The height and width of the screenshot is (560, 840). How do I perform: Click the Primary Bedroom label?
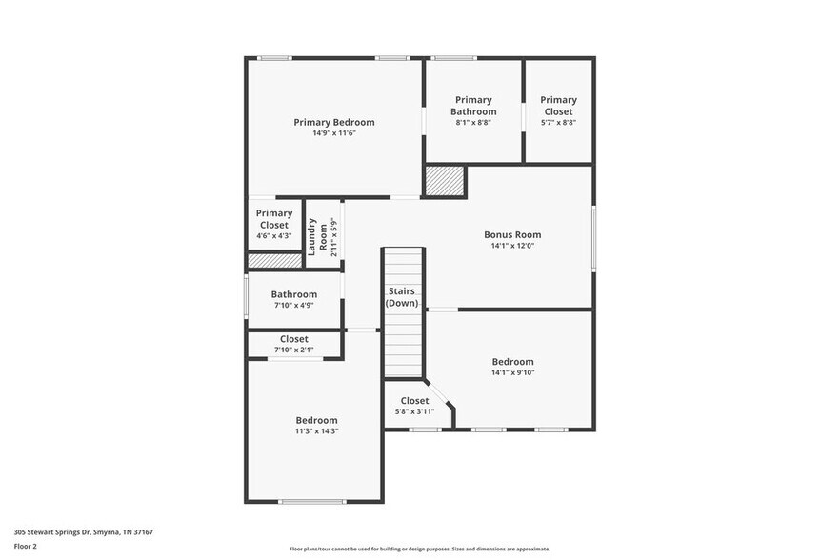pos(333,122)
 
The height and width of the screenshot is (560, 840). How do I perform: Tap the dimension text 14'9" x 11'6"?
pos(333,133)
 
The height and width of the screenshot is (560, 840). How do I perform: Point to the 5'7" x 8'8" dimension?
pos(558,122)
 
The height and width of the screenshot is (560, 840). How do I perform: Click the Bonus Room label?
pos(512,234)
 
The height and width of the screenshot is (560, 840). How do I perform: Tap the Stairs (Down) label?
pos(402,296)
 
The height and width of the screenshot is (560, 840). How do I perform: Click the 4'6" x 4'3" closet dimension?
pos(274,236)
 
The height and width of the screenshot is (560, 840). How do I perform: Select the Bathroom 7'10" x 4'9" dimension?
pos(293,306)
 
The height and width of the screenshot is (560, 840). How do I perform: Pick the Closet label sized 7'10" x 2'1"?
pos(293,339)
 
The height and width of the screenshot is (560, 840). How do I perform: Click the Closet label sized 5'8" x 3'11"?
pos(414,401)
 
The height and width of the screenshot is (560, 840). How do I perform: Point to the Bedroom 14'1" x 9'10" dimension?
pos(512,372)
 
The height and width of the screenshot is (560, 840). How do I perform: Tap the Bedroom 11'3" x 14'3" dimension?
pos(316,431)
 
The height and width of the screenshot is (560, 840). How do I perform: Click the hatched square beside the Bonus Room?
pos(444,181)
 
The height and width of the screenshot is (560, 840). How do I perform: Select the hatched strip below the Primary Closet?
pos(274,260)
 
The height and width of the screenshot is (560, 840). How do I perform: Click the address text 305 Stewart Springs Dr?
pos(84,532)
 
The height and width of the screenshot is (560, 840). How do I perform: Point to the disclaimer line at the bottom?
pos(419,549)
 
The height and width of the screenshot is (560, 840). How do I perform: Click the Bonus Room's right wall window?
pos(592,234)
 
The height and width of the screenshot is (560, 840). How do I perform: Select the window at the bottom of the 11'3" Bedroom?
pos(312,501)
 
